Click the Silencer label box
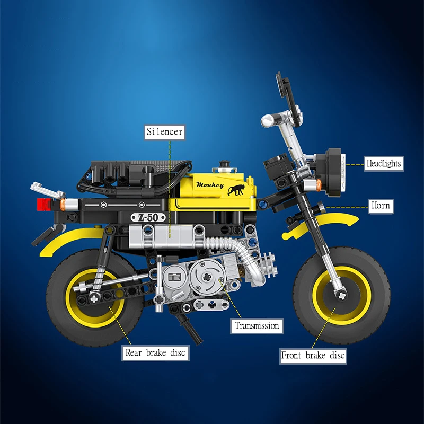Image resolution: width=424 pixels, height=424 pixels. [x=165, y=132]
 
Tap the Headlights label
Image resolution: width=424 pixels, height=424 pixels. [x=384, y=164]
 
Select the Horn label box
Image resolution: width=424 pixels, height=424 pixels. [x=381, y=206]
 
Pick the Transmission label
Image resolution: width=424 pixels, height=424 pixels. [x=257, y=326]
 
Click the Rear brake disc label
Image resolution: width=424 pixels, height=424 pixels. [x=155, y=353]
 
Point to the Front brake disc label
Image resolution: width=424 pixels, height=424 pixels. [x=313, y=356]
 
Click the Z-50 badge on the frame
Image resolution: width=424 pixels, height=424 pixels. [x=148, y=217]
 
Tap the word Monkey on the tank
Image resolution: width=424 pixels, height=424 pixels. [x=210, y=185]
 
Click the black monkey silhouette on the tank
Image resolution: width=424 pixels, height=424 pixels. [x=236, y=190]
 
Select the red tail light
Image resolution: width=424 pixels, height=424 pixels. [x=43, y=205]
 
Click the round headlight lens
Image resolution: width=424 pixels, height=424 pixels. [x=343, y=173]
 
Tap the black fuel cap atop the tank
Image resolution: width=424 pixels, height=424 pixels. [x=224, y=164]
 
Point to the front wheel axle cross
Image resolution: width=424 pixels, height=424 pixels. [x=342, y=296]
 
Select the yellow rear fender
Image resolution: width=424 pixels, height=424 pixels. [x=71, y=238]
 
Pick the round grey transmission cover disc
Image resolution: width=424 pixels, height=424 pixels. [x=207, y=276]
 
